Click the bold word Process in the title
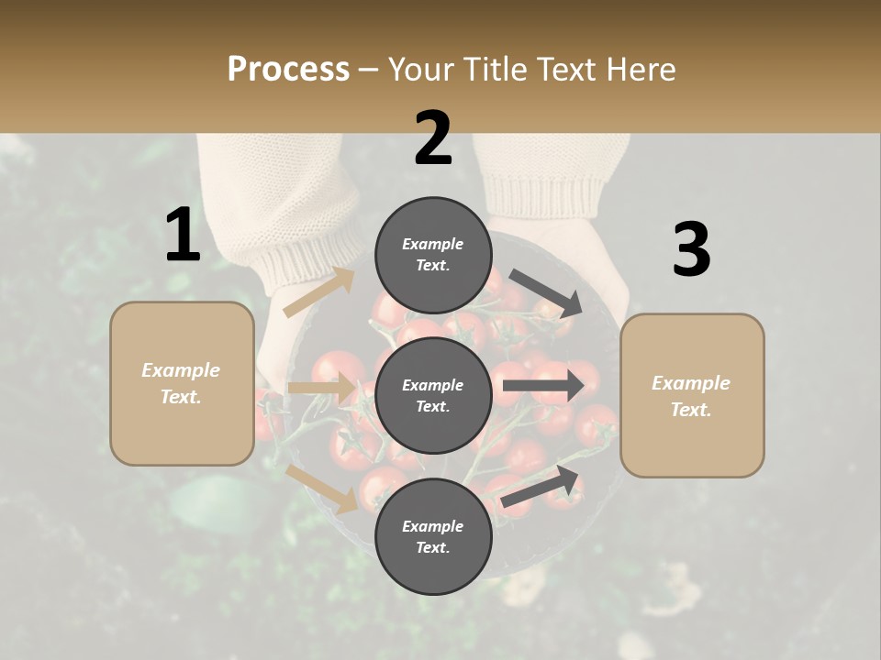coord(288,70)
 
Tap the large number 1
coord(183,235)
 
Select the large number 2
coord(433,138)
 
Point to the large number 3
coord(691,249)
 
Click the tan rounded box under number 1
coord(182,383)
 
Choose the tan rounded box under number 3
coord(692,395)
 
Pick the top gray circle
coord(432,255)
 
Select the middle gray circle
coord(432,395)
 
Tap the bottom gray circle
coord(432,536)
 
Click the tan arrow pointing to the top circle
coord(318,292)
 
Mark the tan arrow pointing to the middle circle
coord(321,388)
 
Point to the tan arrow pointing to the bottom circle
coord(322,489)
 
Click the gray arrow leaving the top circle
coord(545,292)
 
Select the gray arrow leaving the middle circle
coord(542,385)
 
